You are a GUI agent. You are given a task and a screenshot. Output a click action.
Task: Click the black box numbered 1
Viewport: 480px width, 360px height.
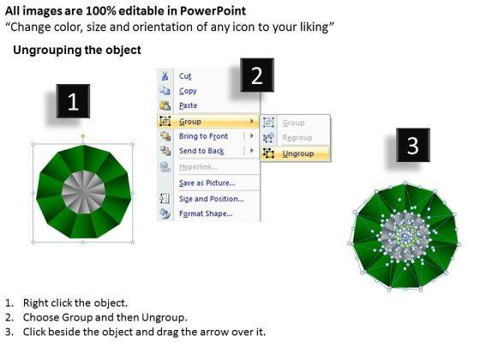tap(73, 101)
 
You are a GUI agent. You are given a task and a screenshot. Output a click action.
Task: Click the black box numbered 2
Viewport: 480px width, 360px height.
tap(257, 75)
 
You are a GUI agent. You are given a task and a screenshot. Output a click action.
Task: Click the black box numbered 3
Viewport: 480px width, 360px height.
tap(413, 145)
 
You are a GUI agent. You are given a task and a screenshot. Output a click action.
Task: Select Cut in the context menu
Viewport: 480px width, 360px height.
tap(185, 76)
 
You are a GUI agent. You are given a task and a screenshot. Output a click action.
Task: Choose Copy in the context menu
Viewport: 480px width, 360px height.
tap(188, 91)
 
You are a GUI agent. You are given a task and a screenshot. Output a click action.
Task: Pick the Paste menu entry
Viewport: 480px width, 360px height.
tap(188, 105)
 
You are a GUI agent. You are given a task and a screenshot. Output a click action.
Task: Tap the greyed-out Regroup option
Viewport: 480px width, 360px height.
tap(297, 138)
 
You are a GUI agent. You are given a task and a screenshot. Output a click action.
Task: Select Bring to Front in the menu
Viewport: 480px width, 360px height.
tap(204, 136)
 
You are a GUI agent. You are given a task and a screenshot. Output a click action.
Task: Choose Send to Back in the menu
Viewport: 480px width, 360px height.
tap(201, 151)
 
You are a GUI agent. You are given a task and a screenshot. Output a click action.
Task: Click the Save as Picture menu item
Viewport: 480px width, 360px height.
tap(207, 183)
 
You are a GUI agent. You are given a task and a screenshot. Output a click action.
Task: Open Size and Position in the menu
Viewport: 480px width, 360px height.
tap(212, 199)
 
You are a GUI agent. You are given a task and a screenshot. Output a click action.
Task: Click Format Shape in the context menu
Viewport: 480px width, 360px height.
tap(206, 213)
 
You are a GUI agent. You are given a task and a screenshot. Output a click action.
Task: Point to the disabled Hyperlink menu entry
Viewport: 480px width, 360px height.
tap(198, 167)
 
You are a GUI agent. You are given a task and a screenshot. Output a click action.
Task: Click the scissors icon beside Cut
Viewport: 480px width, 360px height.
tap(165, 76)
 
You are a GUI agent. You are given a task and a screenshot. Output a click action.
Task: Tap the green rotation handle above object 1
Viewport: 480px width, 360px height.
tap(83, 135)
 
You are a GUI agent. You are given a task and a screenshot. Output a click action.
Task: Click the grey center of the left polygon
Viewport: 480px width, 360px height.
tap(83, 192)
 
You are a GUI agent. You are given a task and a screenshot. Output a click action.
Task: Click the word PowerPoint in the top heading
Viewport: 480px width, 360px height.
tap(213, 11)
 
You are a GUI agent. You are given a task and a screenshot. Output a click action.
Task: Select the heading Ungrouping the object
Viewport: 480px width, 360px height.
tap(77, 50)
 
